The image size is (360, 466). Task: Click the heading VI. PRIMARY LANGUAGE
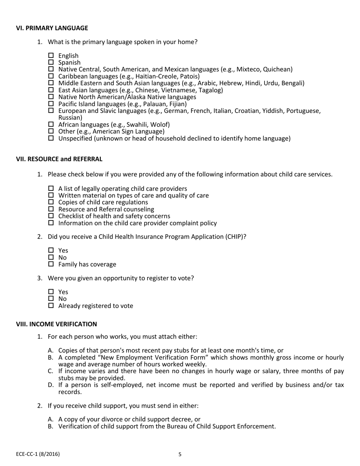(x=52, y=28)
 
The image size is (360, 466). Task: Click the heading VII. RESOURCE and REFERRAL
(x=59, y=159)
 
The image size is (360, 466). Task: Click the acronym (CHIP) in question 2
(x=236, y=237)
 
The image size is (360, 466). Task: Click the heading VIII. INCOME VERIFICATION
(x=56, y=324)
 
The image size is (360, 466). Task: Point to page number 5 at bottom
(x=180, y=454)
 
